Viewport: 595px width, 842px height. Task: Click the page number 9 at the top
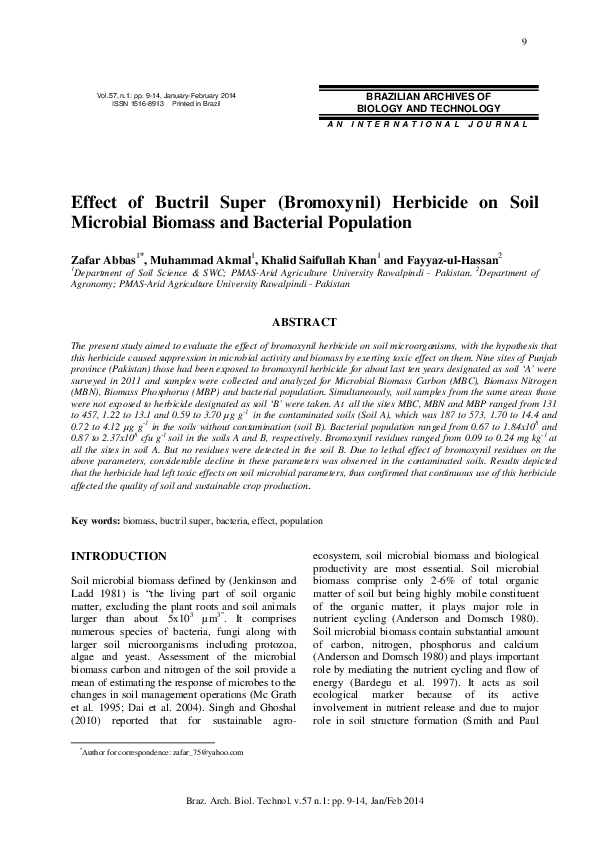point(524,40)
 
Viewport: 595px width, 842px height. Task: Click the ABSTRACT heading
point(304,322)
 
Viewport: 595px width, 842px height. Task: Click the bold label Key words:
point(96,522)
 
